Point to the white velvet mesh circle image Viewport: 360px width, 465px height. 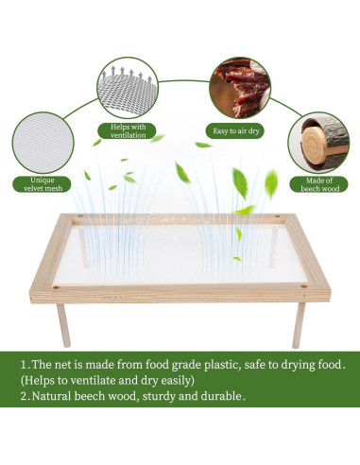click(x=41, y=140)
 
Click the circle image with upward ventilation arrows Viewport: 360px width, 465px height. click(x=127, y=82)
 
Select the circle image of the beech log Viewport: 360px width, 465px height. click(x=318, y=141)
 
